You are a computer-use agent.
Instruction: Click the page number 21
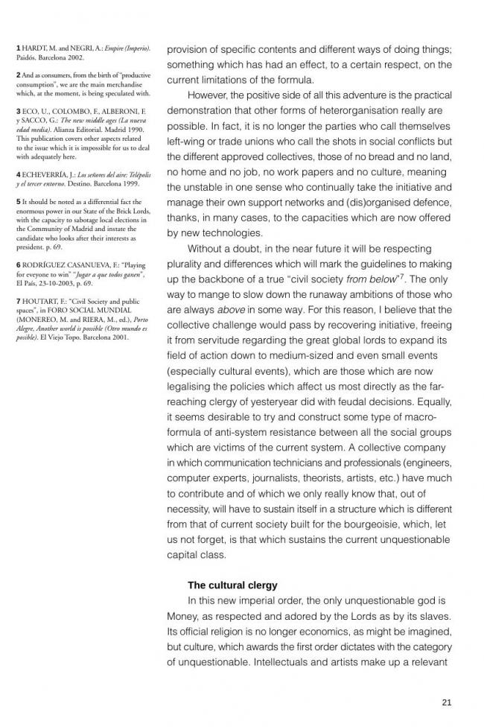click(x=447, y=702)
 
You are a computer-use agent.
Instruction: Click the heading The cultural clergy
click(x=232, y=585)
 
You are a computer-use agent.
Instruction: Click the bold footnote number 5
click(x=19, y=203)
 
